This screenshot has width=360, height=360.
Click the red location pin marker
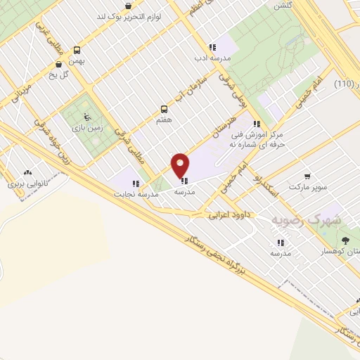click(x=181, y=166)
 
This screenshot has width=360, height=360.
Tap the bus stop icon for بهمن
click(x=77, y=50)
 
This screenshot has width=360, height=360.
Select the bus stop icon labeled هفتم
click(x=165, y=109)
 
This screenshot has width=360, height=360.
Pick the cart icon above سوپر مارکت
click(x=307, y=176)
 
